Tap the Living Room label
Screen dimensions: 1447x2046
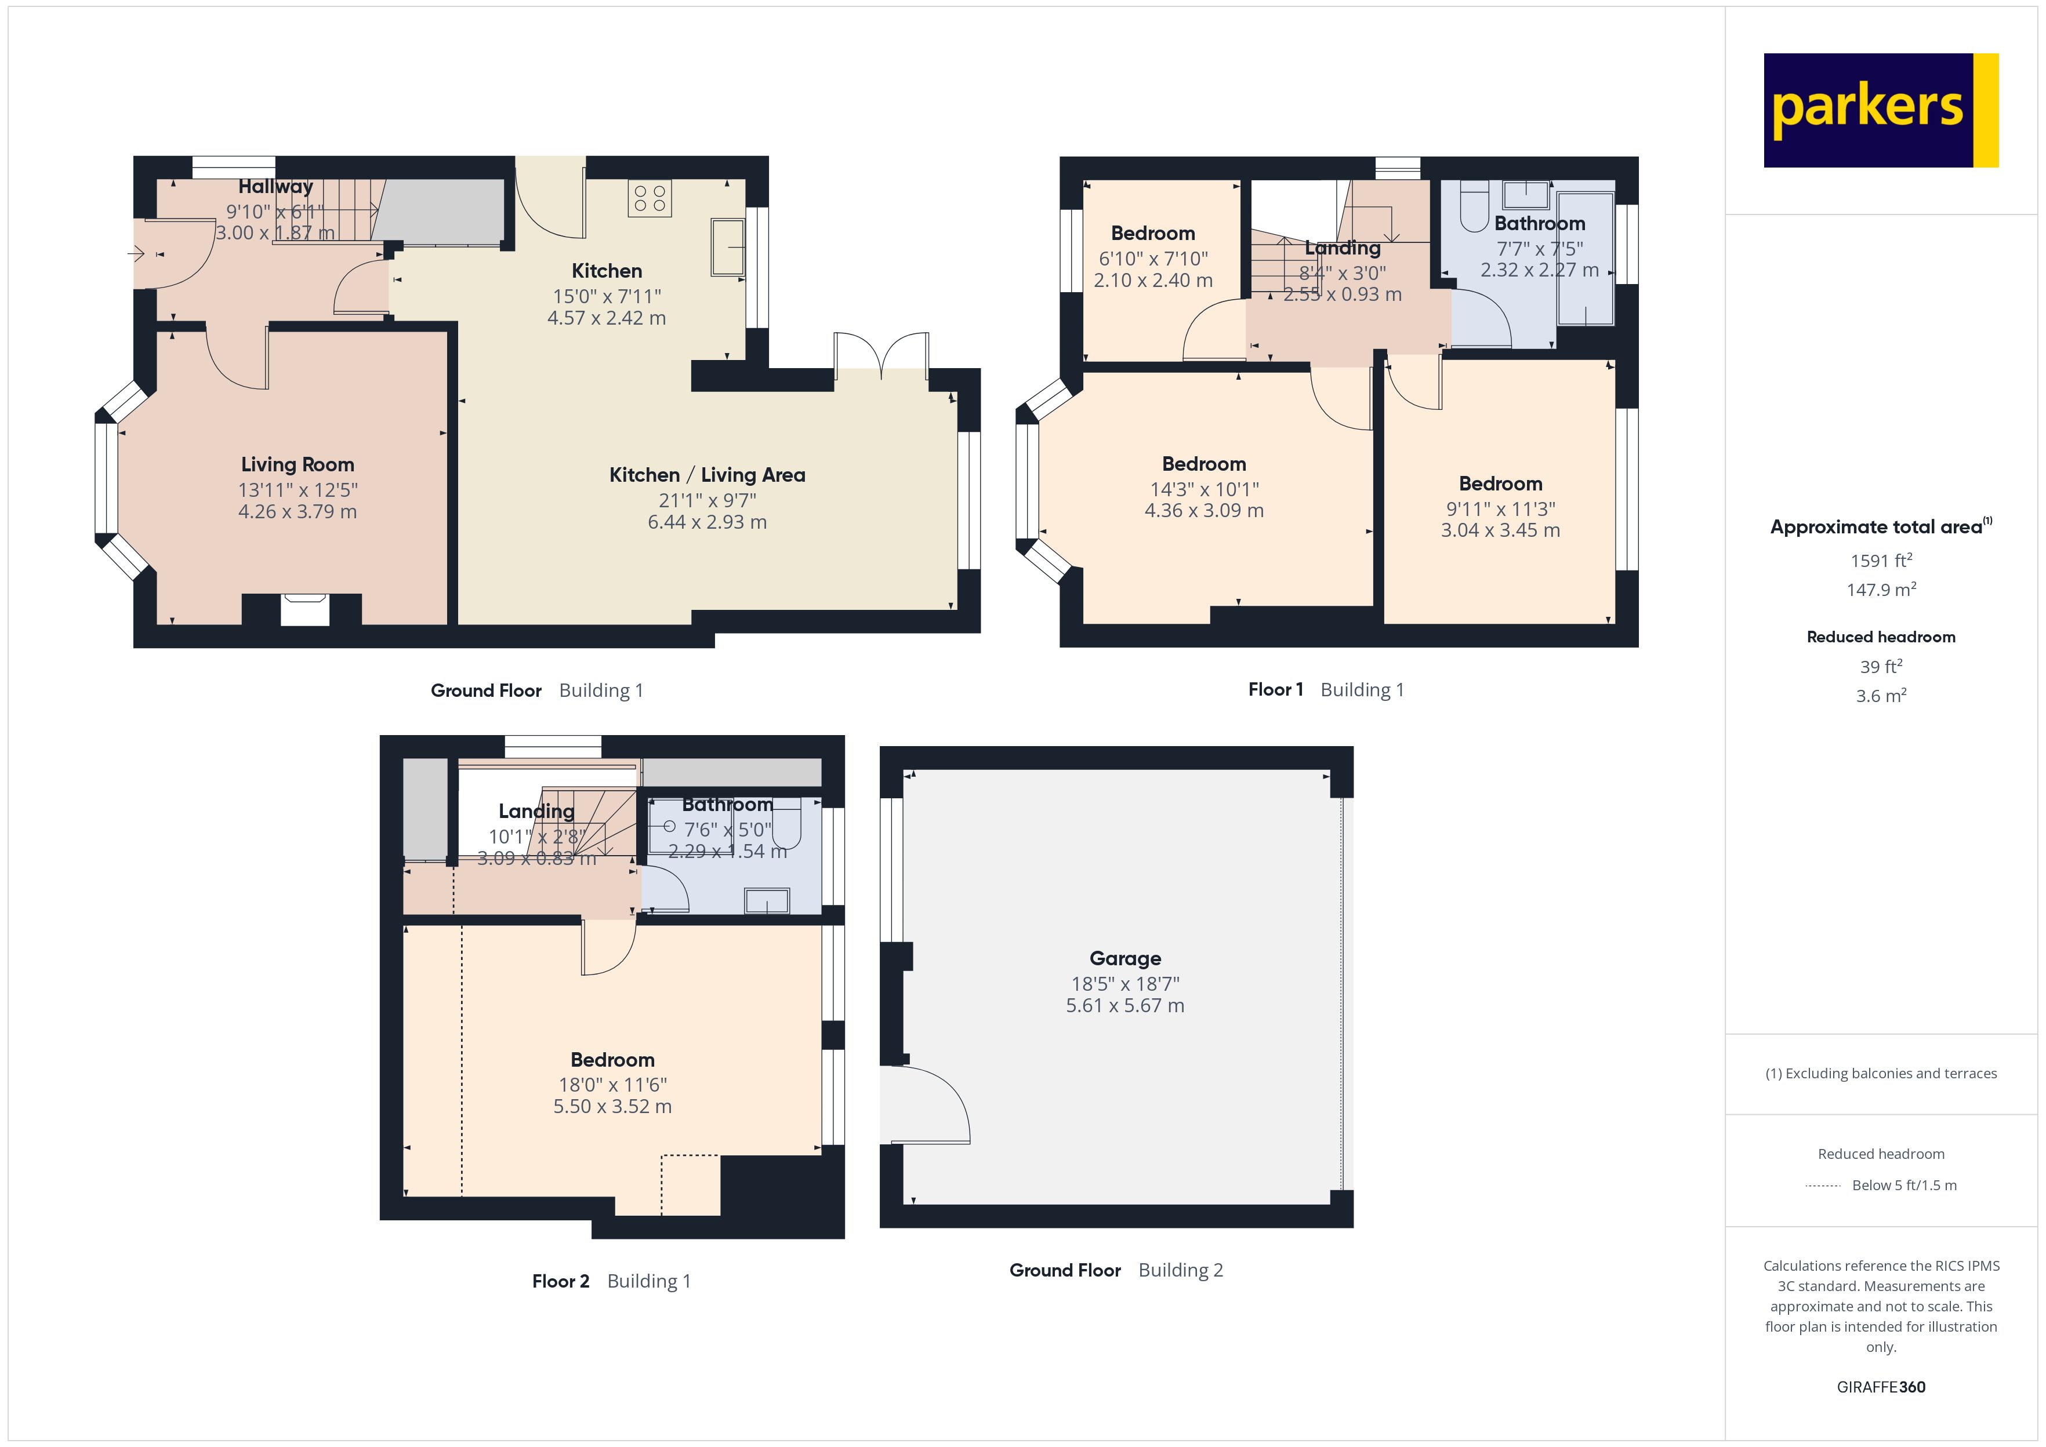[x=298, y=464]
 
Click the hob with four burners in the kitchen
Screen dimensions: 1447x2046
[x=649, y=198]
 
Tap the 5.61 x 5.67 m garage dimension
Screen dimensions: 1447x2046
[x=1124, y=1005]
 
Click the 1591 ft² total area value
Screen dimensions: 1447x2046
[x=1880, y=561]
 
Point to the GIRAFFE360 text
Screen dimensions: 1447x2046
[x=1880, y=1387]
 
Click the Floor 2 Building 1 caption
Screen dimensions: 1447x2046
[x=611, y=1281]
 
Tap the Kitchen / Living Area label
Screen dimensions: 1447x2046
[x=707, y=475]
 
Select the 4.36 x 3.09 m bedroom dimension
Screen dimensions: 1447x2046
[x=1204, y=511]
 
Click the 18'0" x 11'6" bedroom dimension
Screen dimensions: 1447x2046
[x=612, y=1084]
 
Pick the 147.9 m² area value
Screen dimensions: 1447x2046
[x=1880, y=590]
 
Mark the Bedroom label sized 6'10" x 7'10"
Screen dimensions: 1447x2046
[x=1152, y=234]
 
